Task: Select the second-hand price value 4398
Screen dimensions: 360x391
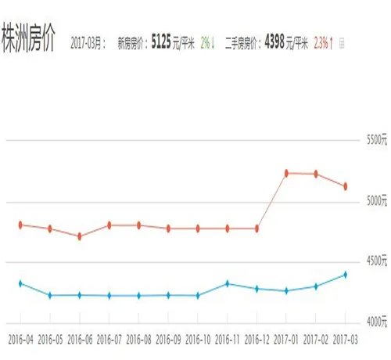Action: tap(274, 41)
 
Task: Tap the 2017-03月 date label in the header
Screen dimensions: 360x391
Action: tap(88, 42)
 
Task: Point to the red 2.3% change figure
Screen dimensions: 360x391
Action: tap(321, 42)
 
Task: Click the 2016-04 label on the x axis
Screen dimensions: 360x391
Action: tap(20, 340)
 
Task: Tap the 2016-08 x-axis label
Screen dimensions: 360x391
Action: tap(139, 340)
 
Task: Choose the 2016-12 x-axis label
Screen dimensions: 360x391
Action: tap(257, 340)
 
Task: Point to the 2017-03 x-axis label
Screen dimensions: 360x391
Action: tap(346, 340)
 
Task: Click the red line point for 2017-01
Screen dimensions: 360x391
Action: tap(287, 173)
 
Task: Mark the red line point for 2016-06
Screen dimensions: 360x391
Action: tap(80, 236)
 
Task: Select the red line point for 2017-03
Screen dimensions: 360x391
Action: tap(346, 186)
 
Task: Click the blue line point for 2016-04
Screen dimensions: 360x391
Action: tap(20, 283)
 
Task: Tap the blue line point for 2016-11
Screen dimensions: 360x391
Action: tap(228, 283)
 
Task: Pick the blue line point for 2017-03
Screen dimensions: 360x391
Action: tap(346, 275)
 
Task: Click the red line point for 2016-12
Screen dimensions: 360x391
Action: tap(257, 229)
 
